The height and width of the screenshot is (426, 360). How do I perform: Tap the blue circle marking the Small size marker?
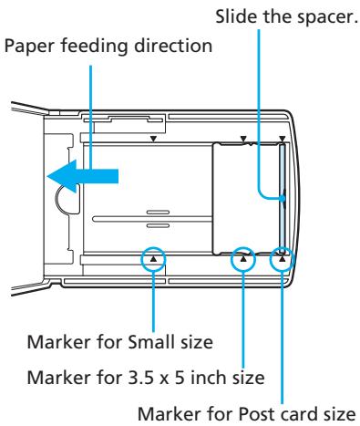[x=154, y=259]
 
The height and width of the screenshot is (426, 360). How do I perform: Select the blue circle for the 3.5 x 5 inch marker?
[x=243, y=260]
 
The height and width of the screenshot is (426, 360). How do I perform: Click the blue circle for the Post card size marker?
[x=283, y=259]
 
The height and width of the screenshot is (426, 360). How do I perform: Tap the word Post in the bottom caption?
[x=231, y=409]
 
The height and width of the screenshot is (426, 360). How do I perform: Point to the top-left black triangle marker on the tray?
[x=154, y=139]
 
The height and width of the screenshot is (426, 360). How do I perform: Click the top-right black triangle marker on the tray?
[x=283, y=139]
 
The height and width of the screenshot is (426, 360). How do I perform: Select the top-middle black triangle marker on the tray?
[x=243, y=139]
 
